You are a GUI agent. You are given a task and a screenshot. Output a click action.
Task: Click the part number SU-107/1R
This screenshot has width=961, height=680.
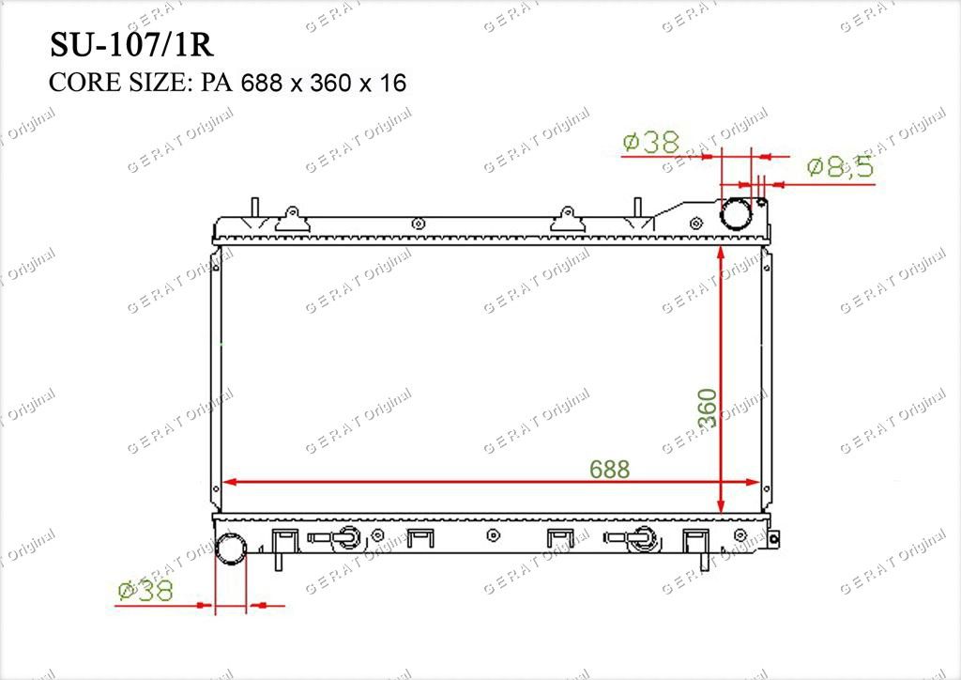coord(131,45)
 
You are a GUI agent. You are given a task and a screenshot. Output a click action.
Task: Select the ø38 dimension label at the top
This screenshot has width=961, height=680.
coord(651,142)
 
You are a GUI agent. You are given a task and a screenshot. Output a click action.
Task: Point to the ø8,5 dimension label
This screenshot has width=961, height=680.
coord(840,166)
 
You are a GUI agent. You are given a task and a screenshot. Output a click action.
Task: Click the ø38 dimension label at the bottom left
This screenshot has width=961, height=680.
coord(145,591)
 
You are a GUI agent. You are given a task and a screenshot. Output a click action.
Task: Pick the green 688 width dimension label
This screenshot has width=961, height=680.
coord(610,469)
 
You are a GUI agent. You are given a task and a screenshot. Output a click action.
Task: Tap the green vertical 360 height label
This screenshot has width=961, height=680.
coord(708,409)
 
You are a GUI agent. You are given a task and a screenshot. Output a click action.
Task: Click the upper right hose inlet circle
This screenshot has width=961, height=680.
coord(736,214)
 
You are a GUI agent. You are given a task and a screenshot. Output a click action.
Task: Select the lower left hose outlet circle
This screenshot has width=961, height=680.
coord(232,549)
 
